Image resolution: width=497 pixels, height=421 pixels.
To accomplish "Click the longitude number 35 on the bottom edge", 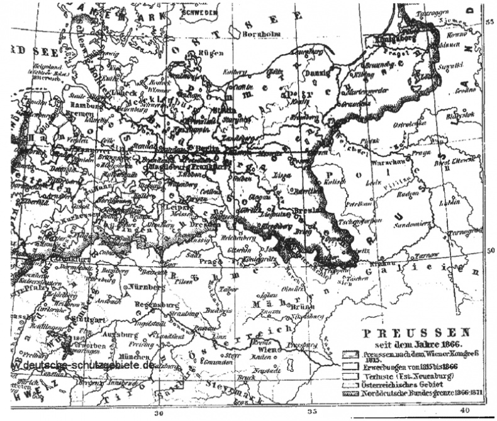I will [x=313, y=413].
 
